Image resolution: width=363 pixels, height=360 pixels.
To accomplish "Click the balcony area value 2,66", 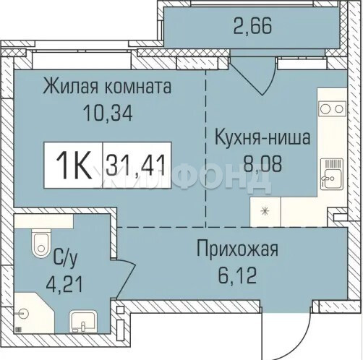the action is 252,26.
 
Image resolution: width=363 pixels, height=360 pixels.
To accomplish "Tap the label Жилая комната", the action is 107,87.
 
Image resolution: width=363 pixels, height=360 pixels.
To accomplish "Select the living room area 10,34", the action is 108,113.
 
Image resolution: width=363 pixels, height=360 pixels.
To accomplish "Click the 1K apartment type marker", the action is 74,165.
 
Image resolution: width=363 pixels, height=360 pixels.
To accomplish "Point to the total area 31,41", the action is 136,166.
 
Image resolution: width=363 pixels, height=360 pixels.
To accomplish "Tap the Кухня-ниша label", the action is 262,137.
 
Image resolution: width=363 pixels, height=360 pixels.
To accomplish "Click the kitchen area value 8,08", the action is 262,164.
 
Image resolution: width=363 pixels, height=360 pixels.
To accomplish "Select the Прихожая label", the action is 238,249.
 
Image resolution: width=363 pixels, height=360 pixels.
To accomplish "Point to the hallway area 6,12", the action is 237,275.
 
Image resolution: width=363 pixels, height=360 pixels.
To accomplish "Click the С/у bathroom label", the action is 66,259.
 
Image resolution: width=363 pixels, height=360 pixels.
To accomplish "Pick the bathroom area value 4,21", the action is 64,284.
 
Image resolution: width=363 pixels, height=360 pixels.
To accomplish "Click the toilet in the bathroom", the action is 41,243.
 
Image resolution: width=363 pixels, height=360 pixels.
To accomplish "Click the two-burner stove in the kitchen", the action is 332,109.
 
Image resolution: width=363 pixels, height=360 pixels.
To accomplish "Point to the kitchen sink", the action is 332,174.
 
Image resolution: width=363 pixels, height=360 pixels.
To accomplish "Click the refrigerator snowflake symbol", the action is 265,212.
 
